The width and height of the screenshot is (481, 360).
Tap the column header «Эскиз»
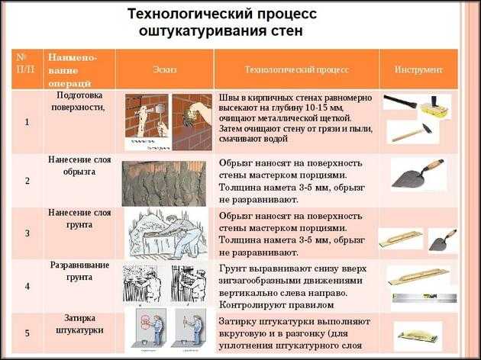(x=165, y=69)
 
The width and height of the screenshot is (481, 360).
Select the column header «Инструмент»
(x=418, y=69)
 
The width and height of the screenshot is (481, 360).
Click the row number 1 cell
(x=27, y=122)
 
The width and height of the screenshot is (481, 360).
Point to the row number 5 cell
(x=27, y=333)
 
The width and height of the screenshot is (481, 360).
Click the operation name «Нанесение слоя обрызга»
(x=79, y=166)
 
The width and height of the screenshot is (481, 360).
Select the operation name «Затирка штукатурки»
(x=79, y=324)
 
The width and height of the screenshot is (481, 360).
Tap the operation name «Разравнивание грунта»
(x=79, y=271)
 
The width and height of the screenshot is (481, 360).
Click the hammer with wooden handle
(x=412, y=133)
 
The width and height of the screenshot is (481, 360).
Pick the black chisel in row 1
(x=400, y=101)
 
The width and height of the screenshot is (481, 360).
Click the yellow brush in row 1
(x=435, y=108)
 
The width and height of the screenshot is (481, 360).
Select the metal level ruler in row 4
(x=425, y=297)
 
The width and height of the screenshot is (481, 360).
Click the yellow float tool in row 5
(x=418, y=336)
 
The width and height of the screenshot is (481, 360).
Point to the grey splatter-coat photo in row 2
(x=164, y=184)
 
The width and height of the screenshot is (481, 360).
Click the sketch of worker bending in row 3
(x=166, y=233)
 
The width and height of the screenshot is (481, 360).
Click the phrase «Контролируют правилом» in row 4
(x=276, y=305)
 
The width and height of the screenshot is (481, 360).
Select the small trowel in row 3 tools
(x=442, y=240)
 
